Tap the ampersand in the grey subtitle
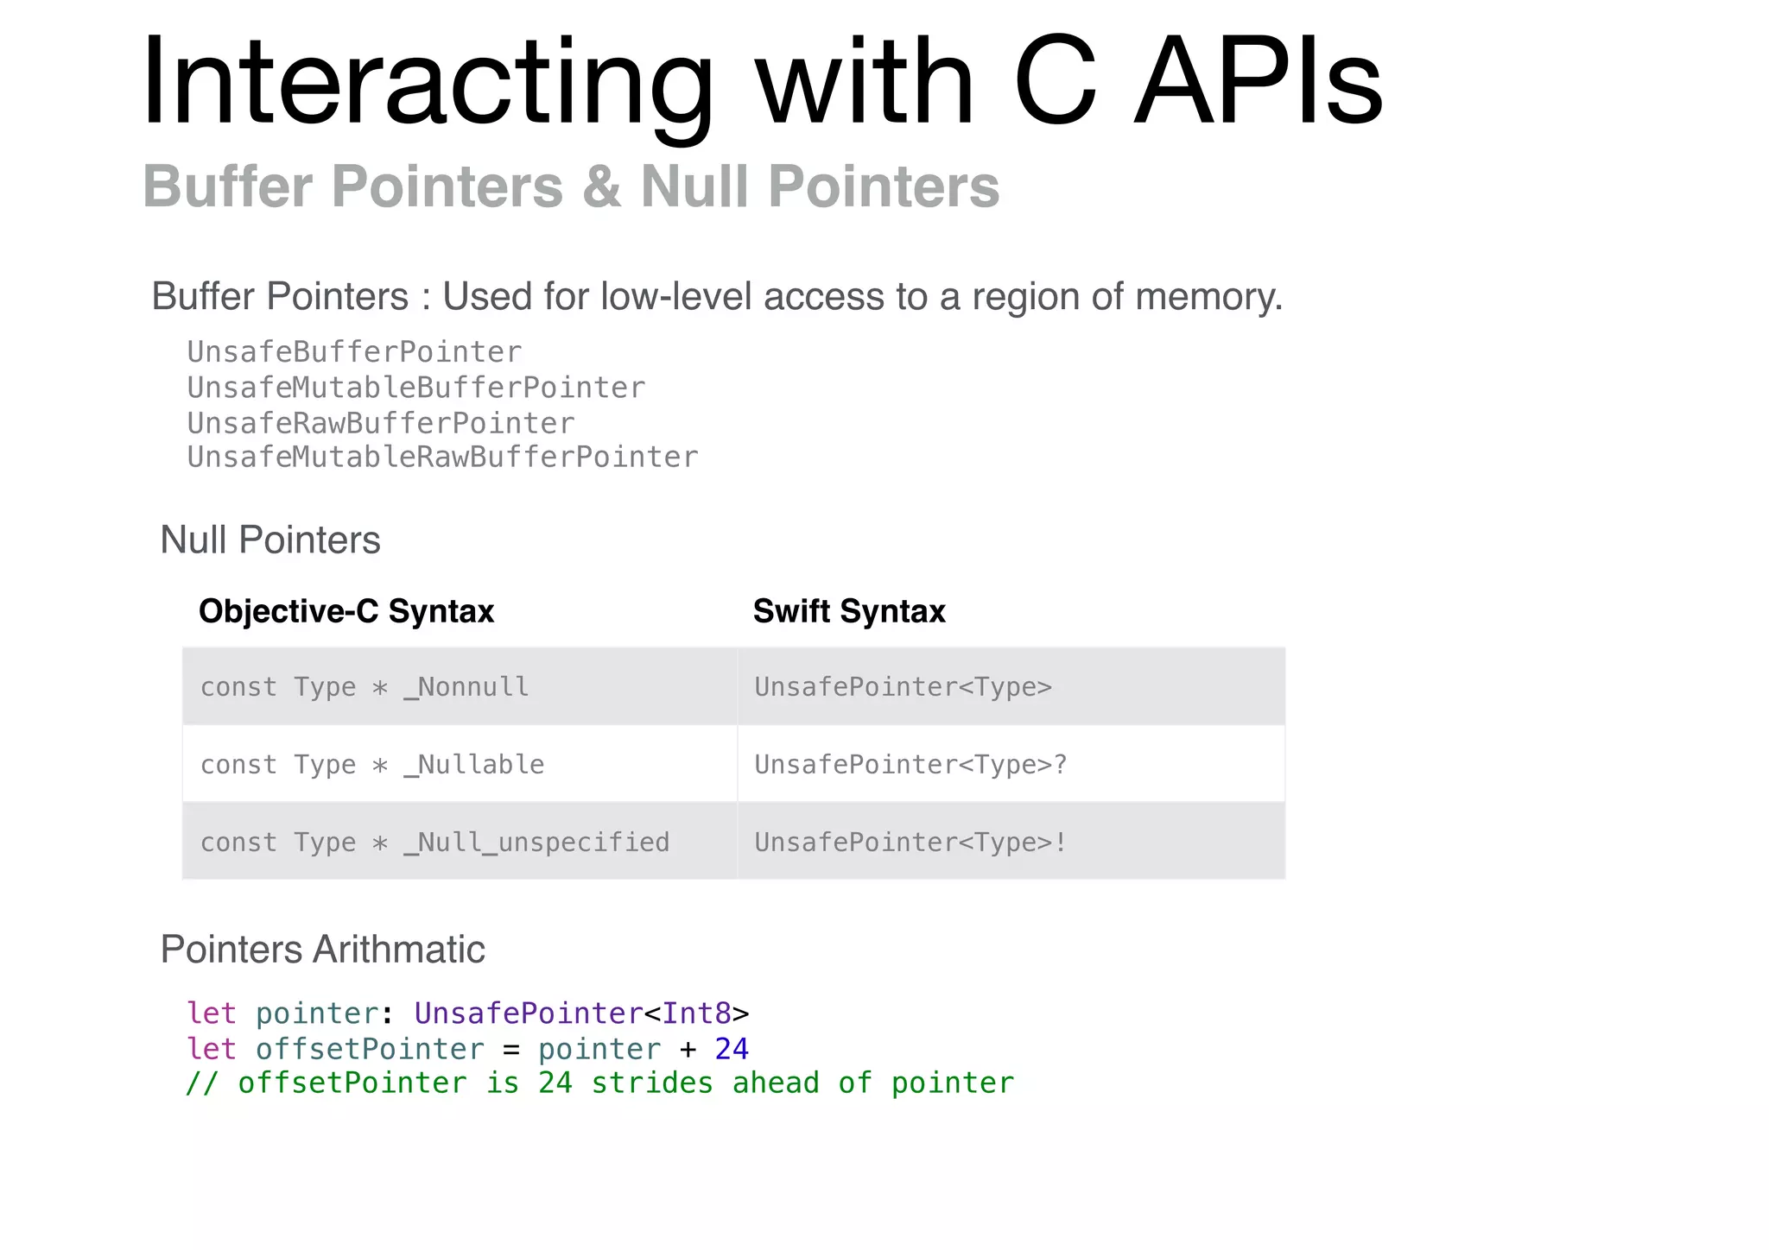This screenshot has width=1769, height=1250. pos(602,186)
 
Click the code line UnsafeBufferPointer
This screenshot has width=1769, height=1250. pos(354,352)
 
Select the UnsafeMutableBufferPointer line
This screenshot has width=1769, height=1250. pos(415,388)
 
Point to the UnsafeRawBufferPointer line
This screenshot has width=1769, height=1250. pos(380,423)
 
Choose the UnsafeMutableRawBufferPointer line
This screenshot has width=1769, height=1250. pos(442,458)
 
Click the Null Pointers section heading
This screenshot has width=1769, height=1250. pos(269,540)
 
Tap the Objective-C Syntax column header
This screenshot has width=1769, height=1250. pos(346,611)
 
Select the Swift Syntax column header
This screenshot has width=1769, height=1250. pos(848,611)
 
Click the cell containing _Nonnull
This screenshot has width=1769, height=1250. pos(460,686)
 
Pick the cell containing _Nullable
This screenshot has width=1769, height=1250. pos(460,764)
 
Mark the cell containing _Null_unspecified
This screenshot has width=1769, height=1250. pos(460,842)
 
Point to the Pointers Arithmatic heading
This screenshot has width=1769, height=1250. pos(322,950)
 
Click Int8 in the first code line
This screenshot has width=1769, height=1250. pos(696,1013)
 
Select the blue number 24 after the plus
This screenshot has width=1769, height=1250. pos(732,1049)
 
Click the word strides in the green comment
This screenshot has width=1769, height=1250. pos(652,1083)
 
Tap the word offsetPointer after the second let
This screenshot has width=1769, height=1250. pos(370,1049)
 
